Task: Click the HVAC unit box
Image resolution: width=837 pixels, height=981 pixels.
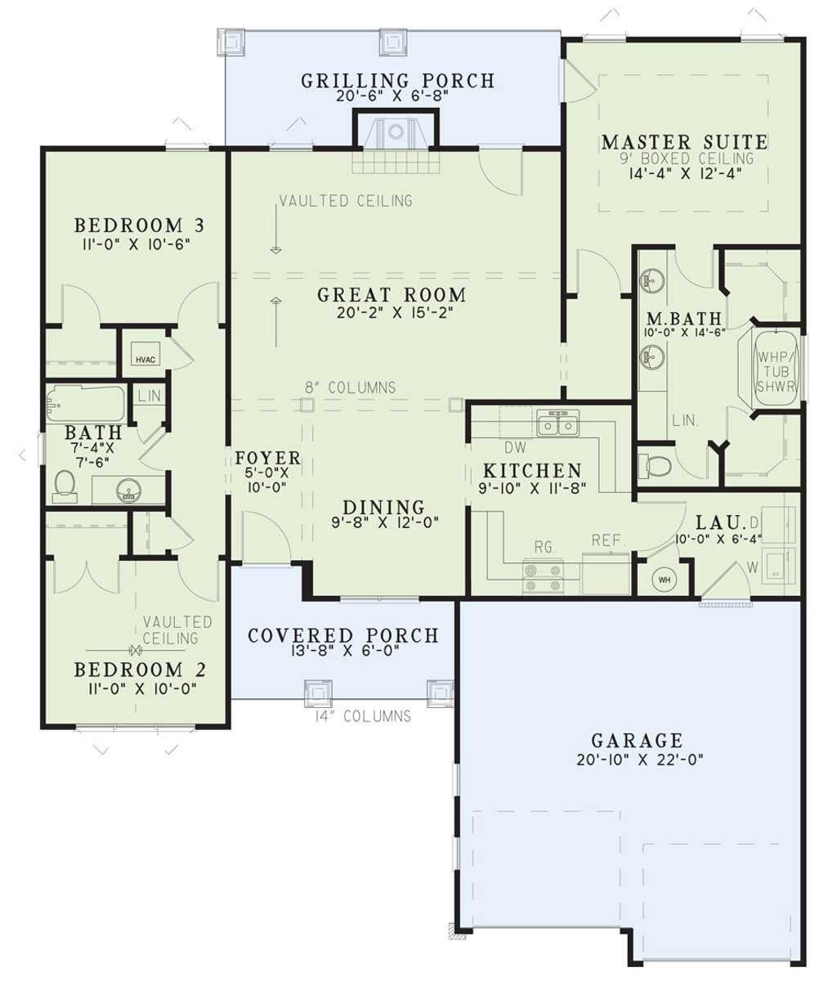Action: click(145, 359)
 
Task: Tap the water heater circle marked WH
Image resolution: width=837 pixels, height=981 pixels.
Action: click(664, 580)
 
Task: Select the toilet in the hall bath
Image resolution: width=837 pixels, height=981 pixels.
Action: click(65, 486)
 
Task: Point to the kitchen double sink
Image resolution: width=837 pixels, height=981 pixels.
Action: click(558, 423)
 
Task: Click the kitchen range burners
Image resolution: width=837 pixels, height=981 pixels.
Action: click(543, 577)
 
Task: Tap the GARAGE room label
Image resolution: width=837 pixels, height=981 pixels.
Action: click(637, 741)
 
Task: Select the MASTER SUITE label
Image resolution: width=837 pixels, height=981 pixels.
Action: click(685, 142)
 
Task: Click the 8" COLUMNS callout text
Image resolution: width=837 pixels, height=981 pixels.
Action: click(350, 387)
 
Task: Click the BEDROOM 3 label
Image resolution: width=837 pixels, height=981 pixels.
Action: click(140, 225)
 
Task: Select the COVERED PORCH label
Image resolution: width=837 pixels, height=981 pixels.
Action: click(343, 636)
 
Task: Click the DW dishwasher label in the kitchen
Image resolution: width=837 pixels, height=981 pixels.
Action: click(515, 447)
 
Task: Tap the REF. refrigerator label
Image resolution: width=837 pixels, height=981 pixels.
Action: click(606, 540)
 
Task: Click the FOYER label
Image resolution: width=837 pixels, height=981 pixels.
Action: click(268, 458)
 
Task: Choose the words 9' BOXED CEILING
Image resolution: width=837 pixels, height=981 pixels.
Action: click(687, 158)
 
